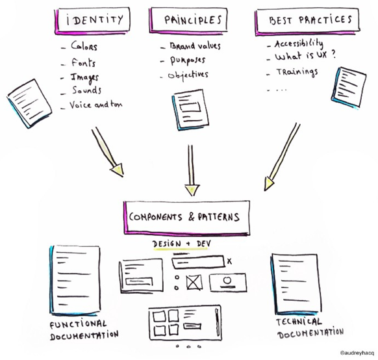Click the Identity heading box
coord(93,21)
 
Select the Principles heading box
coord(188,20)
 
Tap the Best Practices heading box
coord(307,21)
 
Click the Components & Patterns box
coord(186,218)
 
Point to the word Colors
coord(84,45)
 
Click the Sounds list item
coord(86,90)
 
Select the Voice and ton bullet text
coord(96,105)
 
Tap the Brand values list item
coord(195,46)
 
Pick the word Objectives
coord(188,75)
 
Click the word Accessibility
coord(299,44)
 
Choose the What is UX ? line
coord(305,56)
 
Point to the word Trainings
coord(297,72)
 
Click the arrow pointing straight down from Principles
coord(191,170)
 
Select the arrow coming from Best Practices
coord(282,157)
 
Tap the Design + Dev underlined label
coord(181,244)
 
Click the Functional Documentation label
coord(84,330)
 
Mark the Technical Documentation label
coord(310,328)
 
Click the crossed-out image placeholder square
coord(194,283)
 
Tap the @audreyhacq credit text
coord(357,354)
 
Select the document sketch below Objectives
coord(190,110)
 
